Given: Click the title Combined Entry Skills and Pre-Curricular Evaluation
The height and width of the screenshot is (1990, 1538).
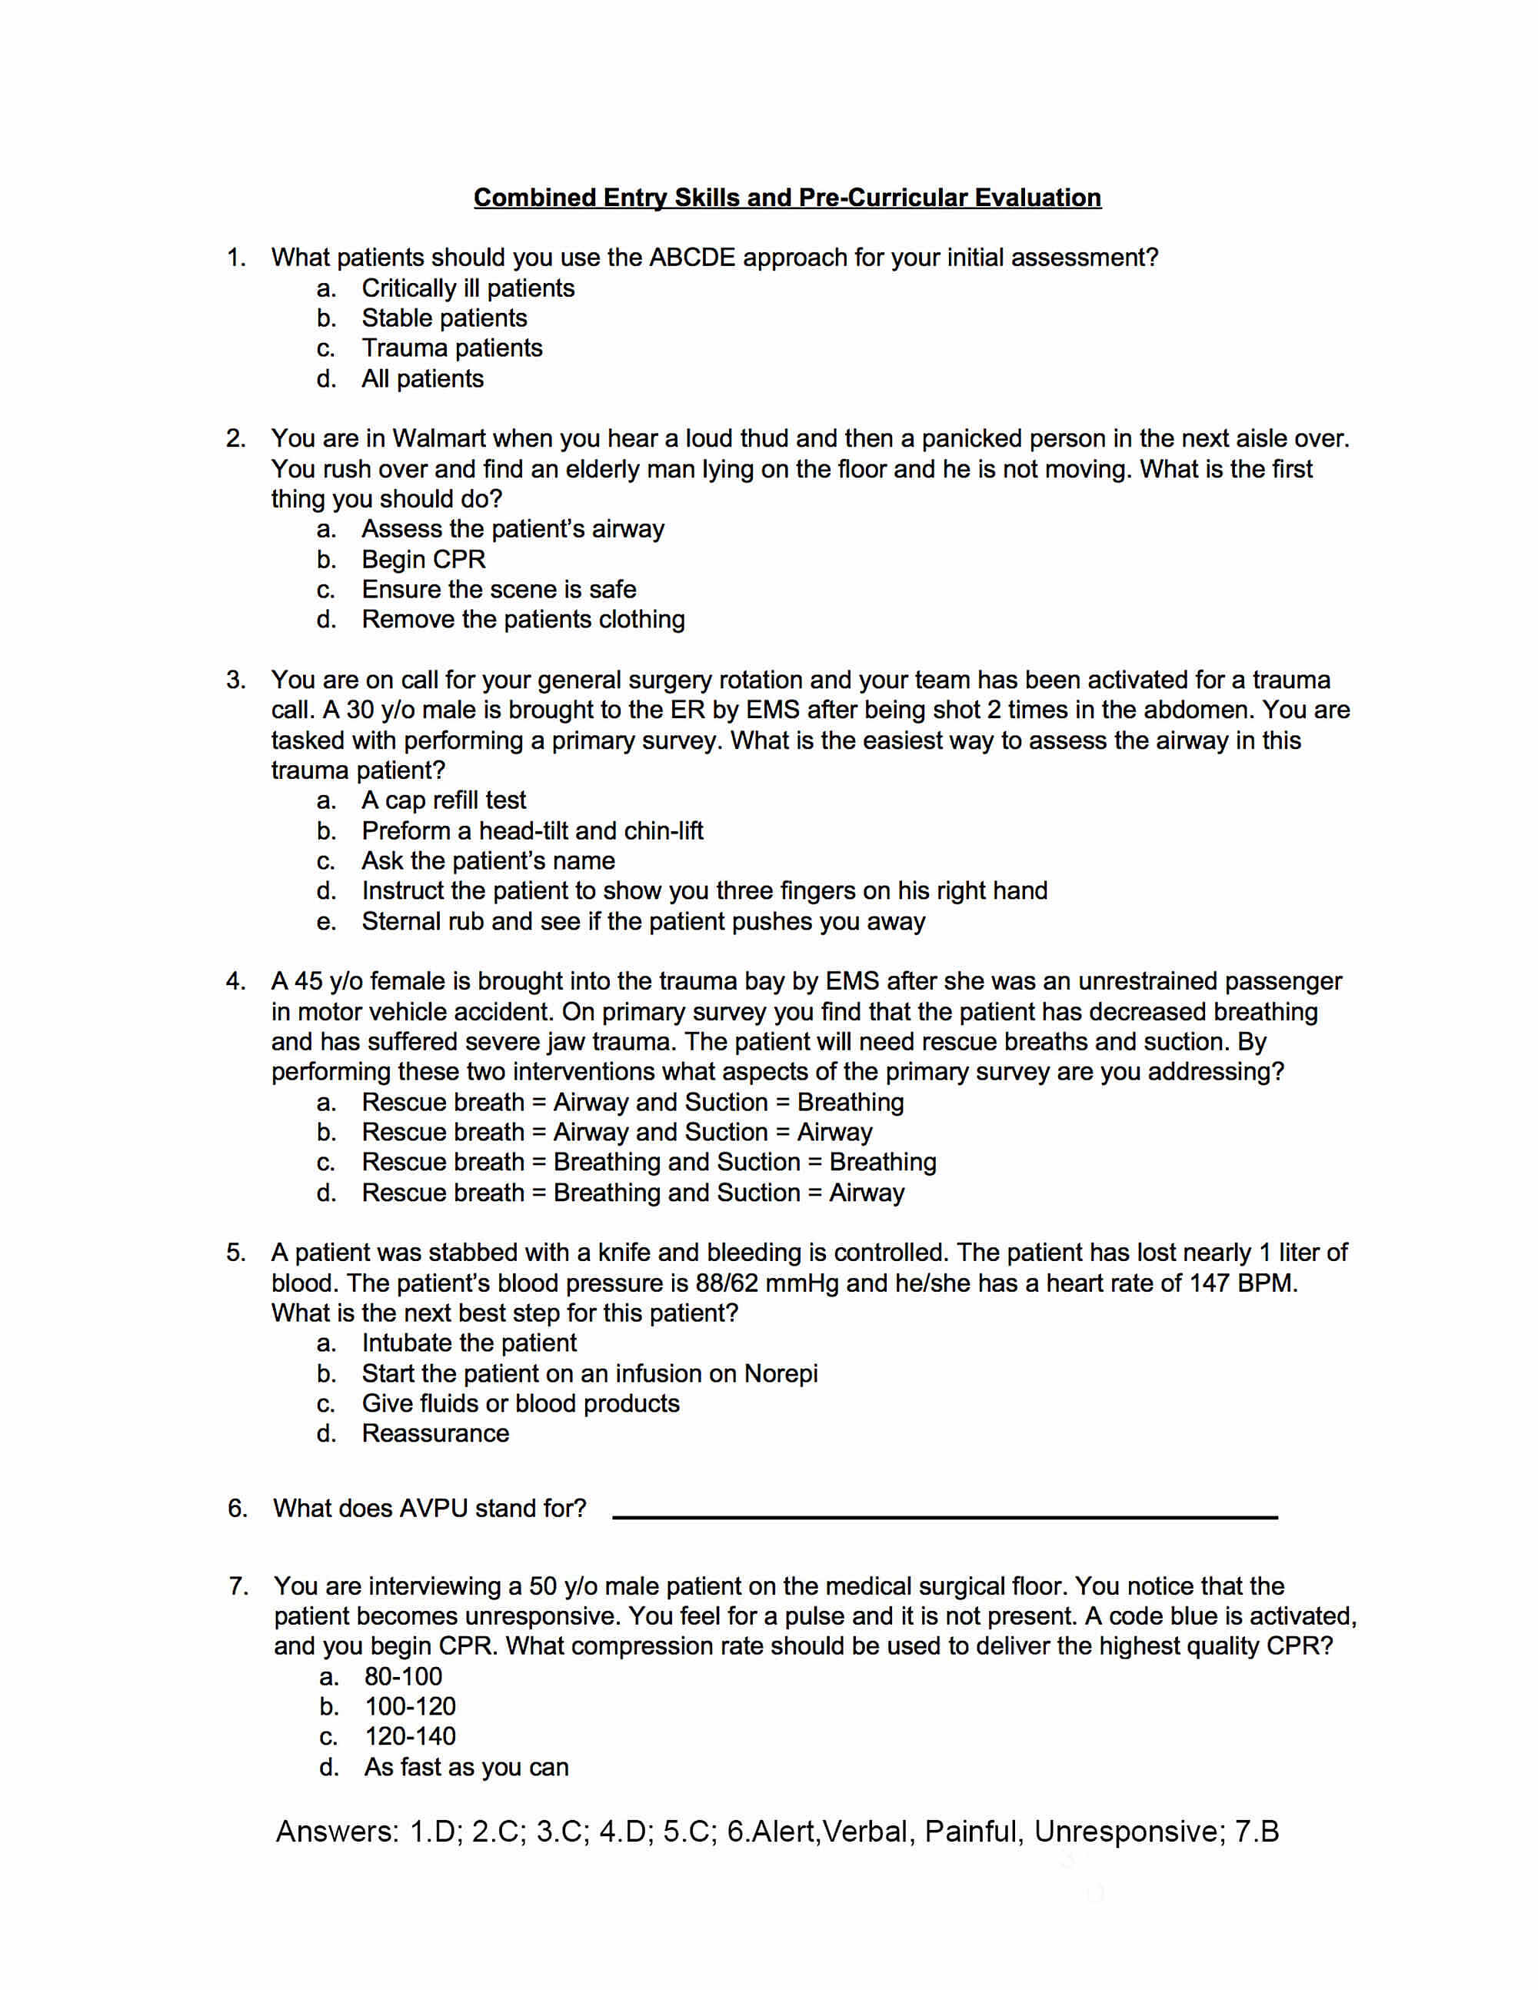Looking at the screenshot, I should coord(787,198).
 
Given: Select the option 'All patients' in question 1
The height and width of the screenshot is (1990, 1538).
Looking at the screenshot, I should coord(422,378).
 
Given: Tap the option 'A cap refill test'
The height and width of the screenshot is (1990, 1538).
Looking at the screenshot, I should coord(443,800).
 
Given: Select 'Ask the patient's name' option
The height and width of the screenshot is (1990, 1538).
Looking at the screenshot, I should coord(488,860).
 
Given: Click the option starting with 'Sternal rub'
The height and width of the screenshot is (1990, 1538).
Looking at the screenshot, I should coord(642,921).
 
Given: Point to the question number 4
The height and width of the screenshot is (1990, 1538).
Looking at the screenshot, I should coord(235,981).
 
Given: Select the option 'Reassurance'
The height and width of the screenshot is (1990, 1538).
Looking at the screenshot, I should coord(434,1433).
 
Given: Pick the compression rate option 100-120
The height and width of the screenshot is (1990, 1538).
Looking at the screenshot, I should coord(410,1705).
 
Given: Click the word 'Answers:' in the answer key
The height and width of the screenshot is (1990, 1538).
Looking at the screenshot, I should coord(337,1831).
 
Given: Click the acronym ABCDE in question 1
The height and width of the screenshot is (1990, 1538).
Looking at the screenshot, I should coord(691,258).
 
